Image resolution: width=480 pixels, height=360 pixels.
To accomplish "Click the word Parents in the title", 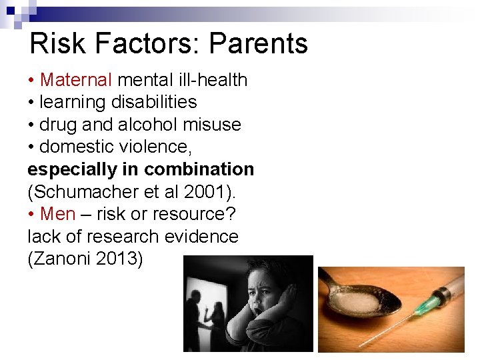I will (x=258, y=44).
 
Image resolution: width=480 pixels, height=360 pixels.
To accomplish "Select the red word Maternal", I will (x=76, y=80).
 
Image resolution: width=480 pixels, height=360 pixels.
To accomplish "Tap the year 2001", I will (x=211, y=192).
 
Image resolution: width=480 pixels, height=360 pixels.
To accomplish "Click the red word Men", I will (x=57, y=214).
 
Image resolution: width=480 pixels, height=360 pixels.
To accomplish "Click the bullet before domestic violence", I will (x=31, y=147).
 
